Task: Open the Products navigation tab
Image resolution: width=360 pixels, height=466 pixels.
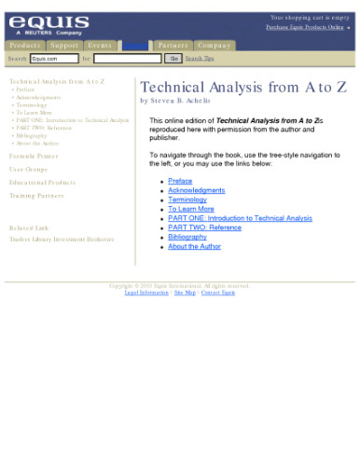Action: coord(24,45)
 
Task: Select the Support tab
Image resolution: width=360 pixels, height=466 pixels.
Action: coord(63,45)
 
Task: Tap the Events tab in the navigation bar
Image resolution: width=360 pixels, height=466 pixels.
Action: coord(100,45)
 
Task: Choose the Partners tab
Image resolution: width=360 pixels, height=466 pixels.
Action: coord(173,45)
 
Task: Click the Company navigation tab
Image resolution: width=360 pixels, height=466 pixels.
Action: coord(214,45)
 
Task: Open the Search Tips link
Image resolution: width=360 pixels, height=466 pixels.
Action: coord(200,58)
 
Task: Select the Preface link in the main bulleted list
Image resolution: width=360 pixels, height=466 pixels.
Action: coord(180,181)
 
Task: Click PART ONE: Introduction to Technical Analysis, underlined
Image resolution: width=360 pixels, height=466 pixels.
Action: coord(240,218)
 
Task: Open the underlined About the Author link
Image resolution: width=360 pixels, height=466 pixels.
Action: coord(194,246)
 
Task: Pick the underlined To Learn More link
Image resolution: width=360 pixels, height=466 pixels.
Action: coord(190,209)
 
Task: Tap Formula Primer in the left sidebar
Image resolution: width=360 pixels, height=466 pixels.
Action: coord(35,157)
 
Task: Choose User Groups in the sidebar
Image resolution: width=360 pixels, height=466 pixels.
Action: coord(29,170)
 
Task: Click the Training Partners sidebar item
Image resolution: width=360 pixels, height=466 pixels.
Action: coord(36,196)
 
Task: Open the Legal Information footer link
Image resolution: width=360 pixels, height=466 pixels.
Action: coord(146,293)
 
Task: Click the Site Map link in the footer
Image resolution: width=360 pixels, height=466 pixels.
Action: coord(185,293)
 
